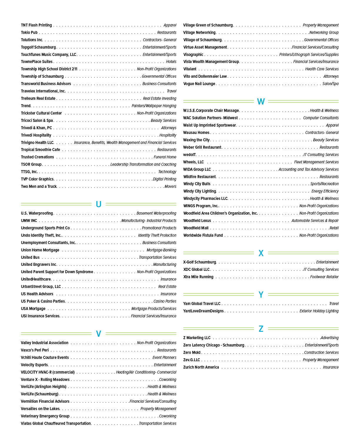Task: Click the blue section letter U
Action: (x=99, y=204)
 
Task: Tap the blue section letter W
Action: (x=261, y=102)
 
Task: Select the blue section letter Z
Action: (x=261, y=329)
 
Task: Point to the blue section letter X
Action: (x=261, y=253)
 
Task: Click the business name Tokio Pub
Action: (x=29, y=32)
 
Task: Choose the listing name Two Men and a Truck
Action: (x=39, y=186)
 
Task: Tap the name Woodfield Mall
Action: (x=196, y=228)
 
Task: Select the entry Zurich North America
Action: (x=201, y=367)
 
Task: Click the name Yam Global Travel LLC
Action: (x=202, y=304)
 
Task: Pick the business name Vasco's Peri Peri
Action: (x=35, y=350)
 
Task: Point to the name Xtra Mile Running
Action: (x=198, y=277)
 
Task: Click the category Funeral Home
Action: (x=165, y=157)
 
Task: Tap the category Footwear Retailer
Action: (x=324, y=277)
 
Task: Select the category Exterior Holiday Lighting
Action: (x=319, y=311)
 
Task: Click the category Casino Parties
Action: (x=165, y=301)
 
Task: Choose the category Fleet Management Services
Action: (x=316, y=162)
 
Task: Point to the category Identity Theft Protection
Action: (x=157, y=235)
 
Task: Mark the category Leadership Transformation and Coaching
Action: (x=143, y=164)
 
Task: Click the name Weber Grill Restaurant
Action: (x=202, y=147)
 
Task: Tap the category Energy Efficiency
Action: (x=325, y=191)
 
